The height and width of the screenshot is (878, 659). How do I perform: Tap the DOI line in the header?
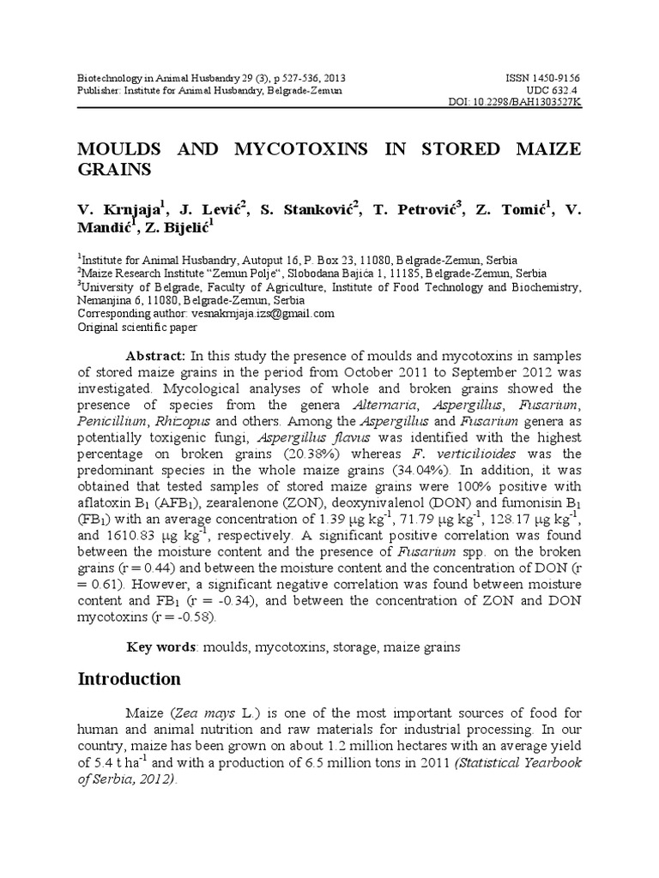[515, 102]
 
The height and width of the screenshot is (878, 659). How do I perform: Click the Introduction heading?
[130, 680]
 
